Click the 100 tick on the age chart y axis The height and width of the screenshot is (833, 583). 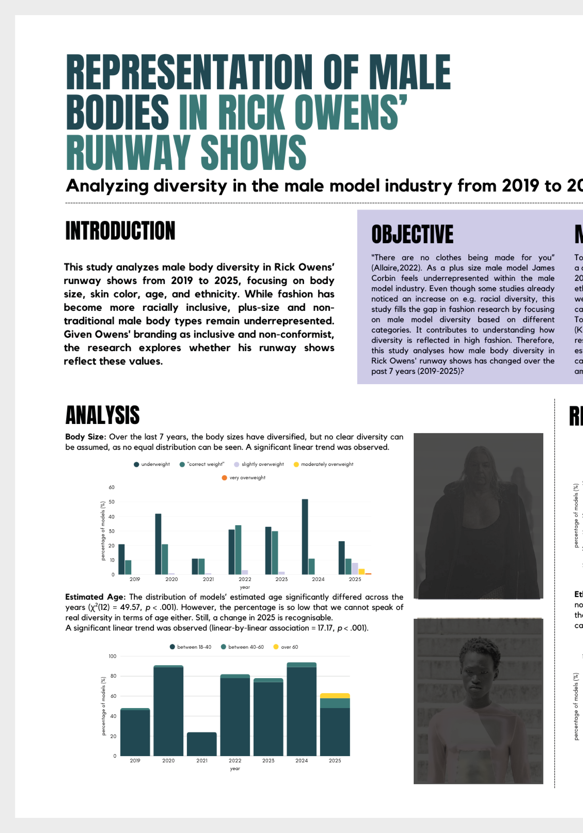(112, 656)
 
